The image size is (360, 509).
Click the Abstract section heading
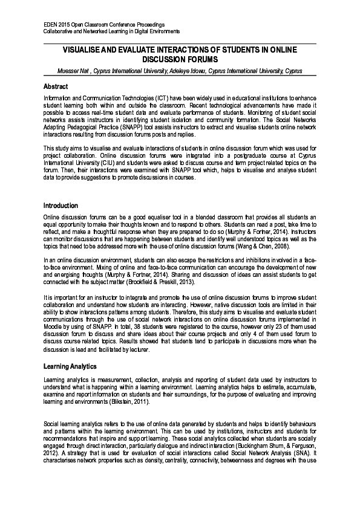click(x=56, y=86)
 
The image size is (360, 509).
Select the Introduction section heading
click(x=61, y=206)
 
